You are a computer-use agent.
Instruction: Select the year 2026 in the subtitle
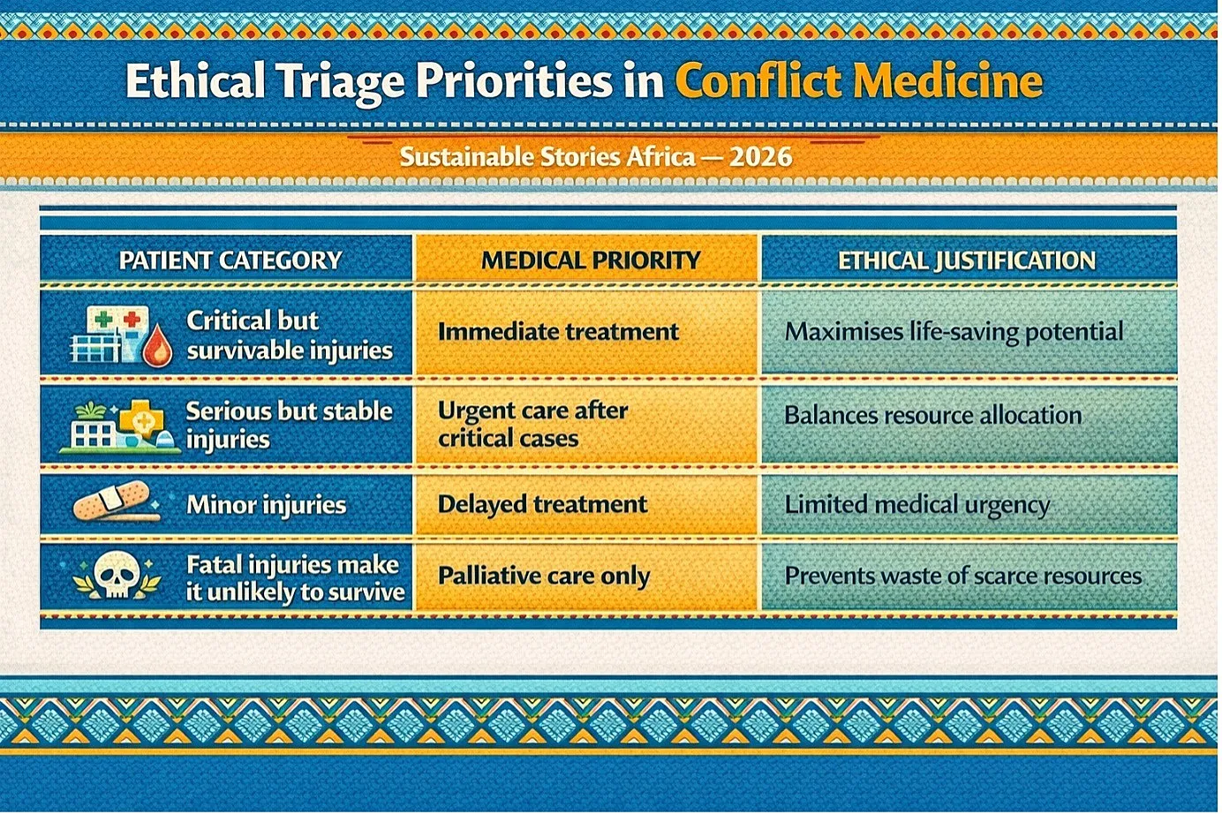(x=760, y=157)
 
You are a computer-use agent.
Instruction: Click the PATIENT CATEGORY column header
(x=230, y=260)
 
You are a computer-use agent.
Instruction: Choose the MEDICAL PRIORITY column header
(x=591, y=260)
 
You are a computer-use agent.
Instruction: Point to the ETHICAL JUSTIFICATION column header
(x=966, y=260)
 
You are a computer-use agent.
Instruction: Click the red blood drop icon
(x=157, y=345)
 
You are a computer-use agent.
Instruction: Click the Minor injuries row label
(x=267, y=505)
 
